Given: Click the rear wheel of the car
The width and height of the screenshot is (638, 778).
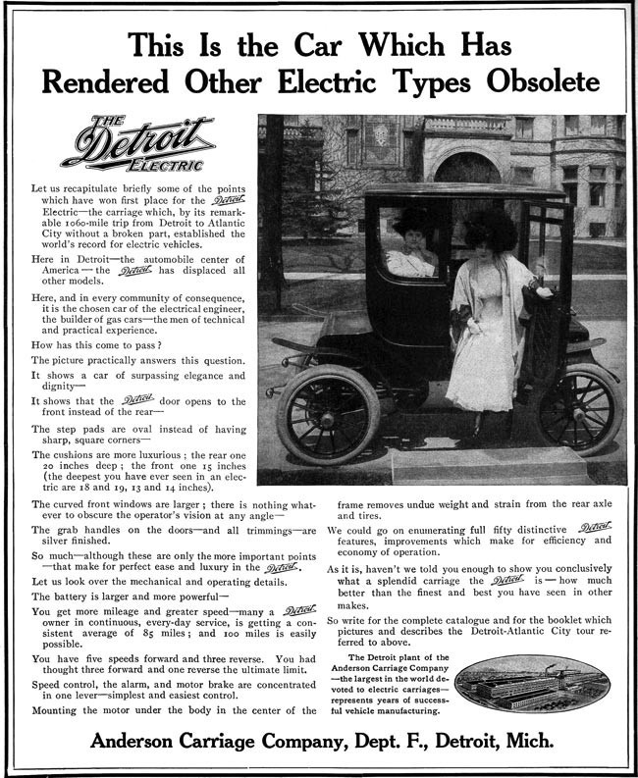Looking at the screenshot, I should pos(580,408).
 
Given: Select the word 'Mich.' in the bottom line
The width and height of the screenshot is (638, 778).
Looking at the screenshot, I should pos(529,737).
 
